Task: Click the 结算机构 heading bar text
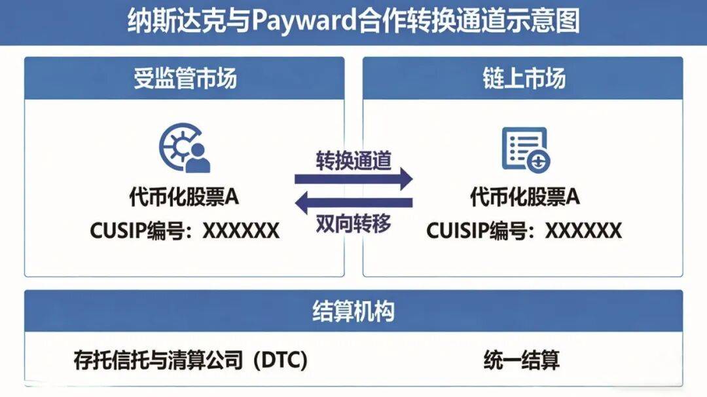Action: [353, 312]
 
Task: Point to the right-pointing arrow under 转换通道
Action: [353, 178]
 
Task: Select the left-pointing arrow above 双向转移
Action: [353, 202]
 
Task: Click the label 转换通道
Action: [353, 161]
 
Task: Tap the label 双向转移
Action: [353, 223]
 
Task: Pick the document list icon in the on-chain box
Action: [525, 149]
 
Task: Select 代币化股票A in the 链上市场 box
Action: [524, 197]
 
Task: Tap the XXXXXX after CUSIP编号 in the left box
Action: [241, 231]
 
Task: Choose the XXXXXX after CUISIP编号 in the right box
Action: [583, 231]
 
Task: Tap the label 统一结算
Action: [522, 360]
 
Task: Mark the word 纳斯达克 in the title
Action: [156, 21]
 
